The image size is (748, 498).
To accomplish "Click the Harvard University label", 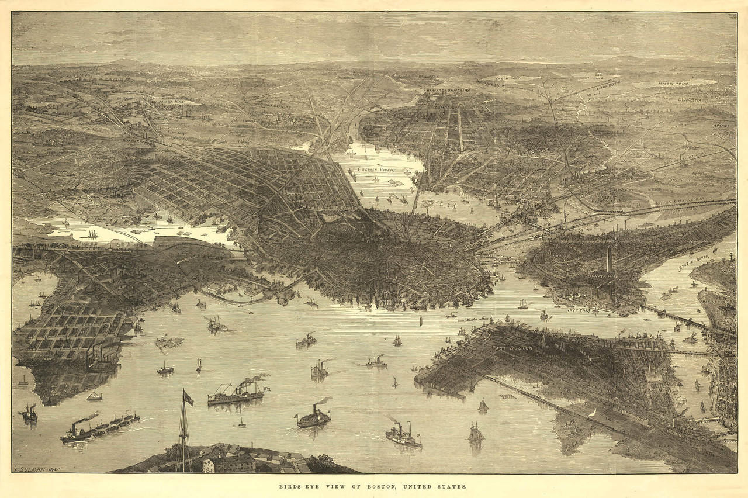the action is point(448,91).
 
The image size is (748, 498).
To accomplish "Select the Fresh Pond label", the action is point(508,78).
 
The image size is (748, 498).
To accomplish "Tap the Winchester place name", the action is point(689,100).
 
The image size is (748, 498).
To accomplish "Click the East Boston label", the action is point(512,348).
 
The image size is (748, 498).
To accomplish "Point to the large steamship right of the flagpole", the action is point(236,393).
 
